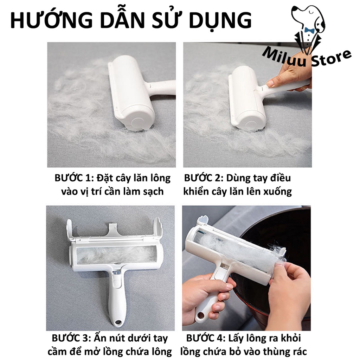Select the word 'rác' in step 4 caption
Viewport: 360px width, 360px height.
tap(297, 352)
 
